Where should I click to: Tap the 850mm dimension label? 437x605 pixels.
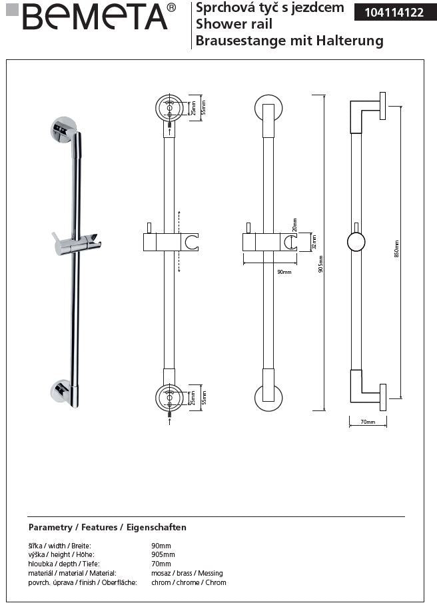396,249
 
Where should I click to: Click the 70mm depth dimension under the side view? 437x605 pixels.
368,422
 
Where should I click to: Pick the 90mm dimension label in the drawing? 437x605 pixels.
284,272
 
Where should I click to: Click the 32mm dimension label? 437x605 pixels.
315,241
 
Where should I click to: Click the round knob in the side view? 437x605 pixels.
356,242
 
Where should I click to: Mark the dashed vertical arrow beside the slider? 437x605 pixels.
179,241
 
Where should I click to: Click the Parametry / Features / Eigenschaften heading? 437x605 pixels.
107,527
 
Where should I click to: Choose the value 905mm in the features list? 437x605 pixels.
163,554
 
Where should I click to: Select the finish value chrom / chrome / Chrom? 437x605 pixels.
189,582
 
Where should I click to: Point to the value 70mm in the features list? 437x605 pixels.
161,564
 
